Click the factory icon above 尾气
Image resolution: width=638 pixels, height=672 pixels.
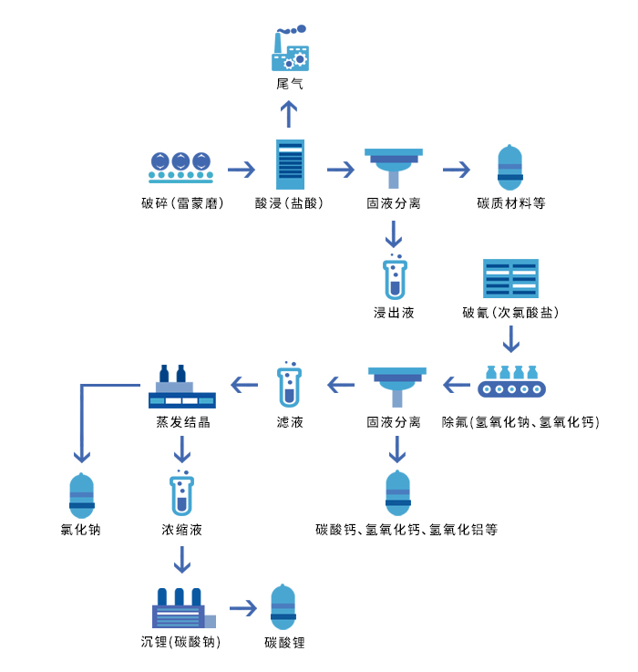[290, 49]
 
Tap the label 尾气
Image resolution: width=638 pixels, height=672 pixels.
[290, 84]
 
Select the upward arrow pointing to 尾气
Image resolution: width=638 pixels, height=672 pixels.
[290, 114]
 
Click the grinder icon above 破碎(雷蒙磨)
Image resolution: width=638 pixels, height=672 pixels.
[181, 167]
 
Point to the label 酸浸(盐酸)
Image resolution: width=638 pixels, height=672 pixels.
[290, 203]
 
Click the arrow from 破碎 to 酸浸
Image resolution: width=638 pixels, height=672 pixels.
[242, 170]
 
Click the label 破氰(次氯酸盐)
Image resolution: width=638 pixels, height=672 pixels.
[510, 313]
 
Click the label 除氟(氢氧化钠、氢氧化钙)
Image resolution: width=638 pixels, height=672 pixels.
[520, 422]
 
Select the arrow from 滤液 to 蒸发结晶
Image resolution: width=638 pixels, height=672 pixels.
[244, 385]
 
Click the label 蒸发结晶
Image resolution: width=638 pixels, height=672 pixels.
[182, 422]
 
